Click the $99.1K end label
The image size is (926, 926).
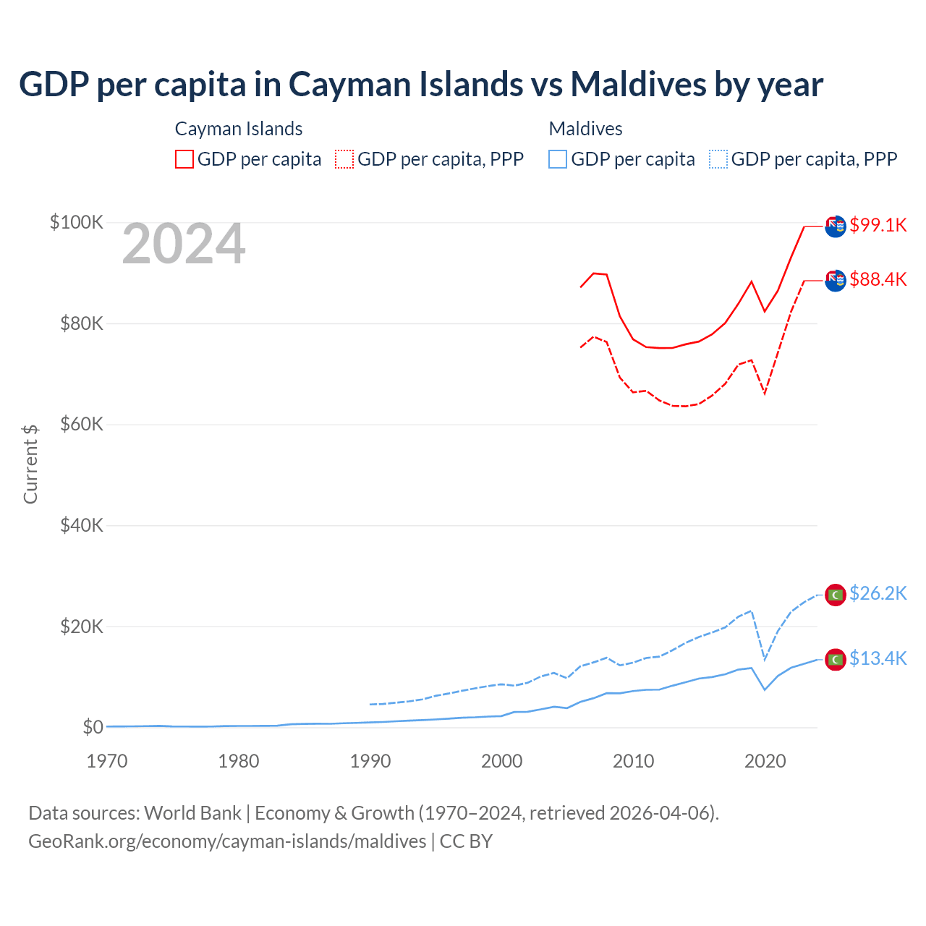coord(878,225)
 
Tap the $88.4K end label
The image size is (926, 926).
coord(878,279)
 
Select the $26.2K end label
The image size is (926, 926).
coord(878,593)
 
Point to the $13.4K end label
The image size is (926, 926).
coord(878,658)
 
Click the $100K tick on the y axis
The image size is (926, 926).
coord(77,222)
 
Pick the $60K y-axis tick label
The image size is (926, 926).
coord(82,424)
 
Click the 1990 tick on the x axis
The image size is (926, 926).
coord(370,761)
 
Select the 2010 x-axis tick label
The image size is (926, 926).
coord(634,761)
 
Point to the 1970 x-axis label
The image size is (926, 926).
coord(107,761)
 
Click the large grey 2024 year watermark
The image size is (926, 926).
coord(184,245)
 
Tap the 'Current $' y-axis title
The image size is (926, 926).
coord(30,464)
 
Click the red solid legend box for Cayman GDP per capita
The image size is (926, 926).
coord(184,159)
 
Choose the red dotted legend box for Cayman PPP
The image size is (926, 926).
coord(344,159)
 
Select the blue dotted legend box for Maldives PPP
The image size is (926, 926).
coord(718,159)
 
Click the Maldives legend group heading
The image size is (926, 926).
coord(585,129)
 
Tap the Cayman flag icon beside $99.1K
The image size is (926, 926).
coord(836,226)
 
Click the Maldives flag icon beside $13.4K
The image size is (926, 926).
coord(836,659)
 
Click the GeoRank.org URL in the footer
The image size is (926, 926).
coord(227,841)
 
